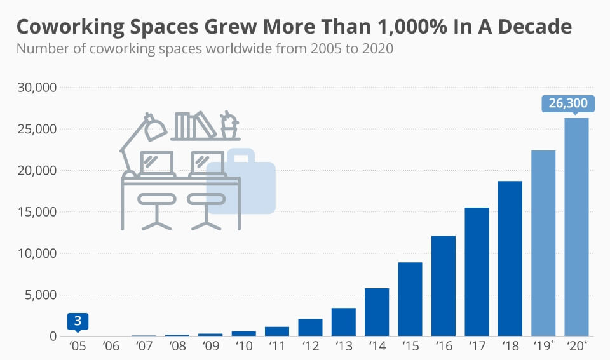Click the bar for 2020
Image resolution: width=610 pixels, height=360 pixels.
tap(576, 227)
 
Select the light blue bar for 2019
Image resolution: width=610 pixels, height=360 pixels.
tap(543, 243)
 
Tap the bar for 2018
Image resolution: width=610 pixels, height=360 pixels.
tap(510, 258)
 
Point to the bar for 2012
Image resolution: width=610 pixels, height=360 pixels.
tap(310, 327)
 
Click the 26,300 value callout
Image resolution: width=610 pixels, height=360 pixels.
tap(567, 103)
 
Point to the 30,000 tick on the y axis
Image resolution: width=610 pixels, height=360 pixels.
tap(36, 88)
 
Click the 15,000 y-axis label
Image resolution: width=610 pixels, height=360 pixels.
tap(36, 212)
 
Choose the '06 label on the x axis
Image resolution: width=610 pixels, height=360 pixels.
tap(111, 347)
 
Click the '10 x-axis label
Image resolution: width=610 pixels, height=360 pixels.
tap(244, 347)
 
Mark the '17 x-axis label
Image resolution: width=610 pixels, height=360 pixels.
tap(477, 347)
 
